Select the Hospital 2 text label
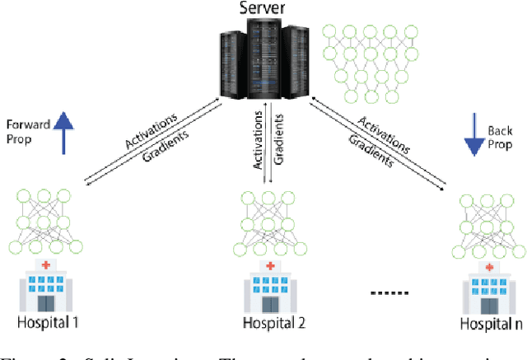[x=269, y=323]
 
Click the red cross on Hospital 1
[x=44, y=264]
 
